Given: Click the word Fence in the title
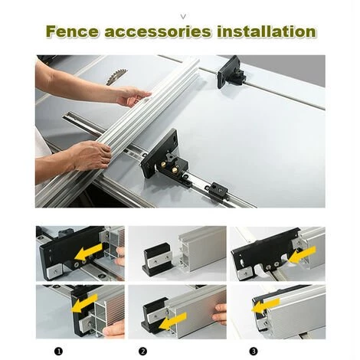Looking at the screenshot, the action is (x=73, y=31).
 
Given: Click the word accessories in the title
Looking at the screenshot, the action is (x=158, y=32).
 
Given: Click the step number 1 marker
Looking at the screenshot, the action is (x=58, y=352).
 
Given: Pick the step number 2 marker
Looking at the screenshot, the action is (x=143, y=352).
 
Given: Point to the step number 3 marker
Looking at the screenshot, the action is (x=254, y=352).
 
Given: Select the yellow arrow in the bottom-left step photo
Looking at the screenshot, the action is (x=84, y=303).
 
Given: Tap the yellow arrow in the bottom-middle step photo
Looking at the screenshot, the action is (x=172, y=322).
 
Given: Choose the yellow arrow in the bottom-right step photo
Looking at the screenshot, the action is (x=265, y=306).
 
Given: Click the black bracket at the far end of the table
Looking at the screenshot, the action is (x=231, y=72).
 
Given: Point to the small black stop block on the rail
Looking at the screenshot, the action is (x=218, y=189).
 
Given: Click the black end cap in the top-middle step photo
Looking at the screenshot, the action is (x=156, y=260).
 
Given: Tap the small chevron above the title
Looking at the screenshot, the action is (x=183, y=17).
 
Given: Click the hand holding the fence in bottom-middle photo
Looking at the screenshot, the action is (x=220, y=314).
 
